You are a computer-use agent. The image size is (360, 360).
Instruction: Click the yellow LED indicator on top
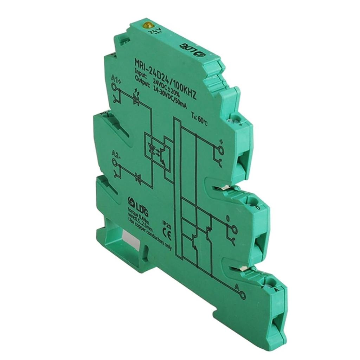coord(147,25)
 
